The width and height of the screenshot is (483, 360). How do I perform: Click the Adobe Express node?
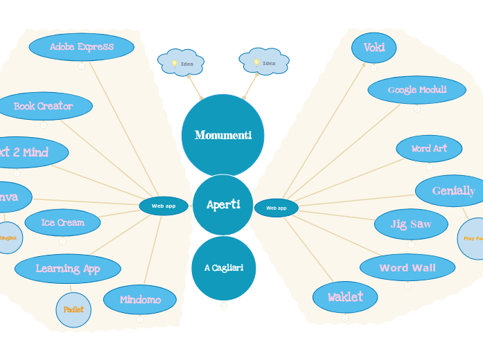pyautogui.click(x=81, y=47)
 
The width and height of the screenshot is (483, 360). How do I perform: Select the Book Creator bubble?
pyautogui.click(x=44, y=106)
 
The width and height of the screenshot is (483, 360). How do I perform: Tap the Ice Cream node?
pyautogui.click(x=62, y=222)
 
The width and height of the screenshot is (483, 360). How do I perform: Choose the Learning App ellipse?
pyautogui.click(x=68, y=269)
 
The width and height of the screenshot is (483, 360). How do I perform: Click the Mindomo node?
pyautogui.click(x=140, y=300)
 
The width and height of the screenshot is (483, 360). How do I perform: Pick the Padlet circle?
pyautogui.click(x=73, y=309)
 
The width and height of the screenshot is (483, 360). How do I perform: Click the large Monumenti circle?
pyautogui.click(x=222, y=135)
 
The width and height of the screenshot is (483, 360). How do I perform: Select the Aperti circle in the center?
pyautogui.click(x=223, y=205)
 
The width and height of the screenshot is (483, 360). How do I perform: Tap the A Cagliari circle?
pyautogui.click(x=223, y=268)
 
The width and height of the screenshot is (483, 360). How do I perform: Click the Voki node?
pyautogui.click(x=374, y=48)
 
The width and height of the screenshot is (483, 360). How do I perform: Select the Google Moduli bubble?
pyautogui.click(x=416, y=90)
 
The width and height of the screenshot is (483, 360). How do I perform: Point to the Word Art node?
pyautogui.click(x=429, y=148)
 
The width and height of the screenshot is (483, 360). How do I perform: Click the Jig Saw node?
pyautogui.click(x=411, y=224)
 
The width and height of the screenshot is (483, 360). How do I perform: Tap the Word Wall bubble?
pyautogui.click(x=407, y=267)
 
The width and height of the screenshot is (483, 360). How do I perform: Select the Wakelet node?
pyautogui.click(x=345, y=297)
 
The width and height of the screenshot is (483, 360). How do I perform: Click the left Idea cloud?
pyautogui.click(x=181, y=63)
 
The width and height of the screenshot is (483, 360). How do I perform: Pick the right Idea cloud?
pyautogui.click(x=263, y=62)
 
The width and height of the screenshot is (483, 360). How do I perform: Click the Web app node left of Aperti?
pyautogui.click(x=164, y=206)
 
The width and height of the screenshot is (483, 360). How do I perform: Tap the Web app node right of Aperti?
pyautogui.click(x=276, y=208)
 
